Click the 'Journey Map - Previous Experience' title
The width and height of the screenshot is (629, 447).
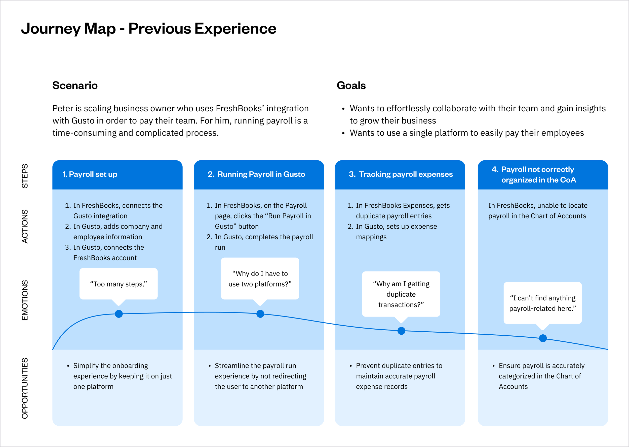coord(148,29)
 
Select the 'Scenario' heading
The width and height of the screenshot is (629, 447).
coord(75,85)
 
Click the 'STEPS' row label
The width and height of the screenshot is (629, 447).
coord(25,176)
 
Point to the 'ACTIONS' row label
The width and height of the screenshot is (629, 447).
coord(25,226)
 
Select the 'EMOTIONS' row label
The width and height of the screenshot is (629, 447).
coord(25,300)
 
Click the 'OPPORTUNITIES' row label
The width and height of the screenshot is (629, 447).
coord(25,388)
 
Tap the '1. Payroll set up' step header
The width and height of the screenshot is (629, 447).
coord(90,174)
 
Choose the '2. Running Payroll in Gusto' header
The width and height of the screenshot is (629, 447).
coord(256,174)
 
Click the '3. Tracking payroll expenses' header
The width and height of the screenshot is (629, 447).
coord(401,174)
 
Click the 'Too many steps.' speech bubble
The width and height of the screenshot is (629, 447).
coord(119,284)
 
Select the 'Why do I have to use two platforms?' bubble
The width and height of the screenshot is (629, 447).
coord(260,279)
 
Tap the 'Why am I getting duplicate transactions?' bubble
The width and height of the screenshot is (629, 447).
coord(401,294)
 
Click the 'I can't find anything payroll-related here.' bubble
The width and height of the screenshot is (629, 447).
coord(542,303)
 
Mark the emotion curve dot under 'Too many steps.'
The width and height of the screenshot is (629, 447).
coord(119,314)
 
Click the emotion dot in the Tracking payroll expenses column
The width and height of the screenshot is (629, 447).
coord(401,331)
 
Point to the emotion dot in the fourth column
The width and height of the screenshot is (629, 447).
coord(542,338)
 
